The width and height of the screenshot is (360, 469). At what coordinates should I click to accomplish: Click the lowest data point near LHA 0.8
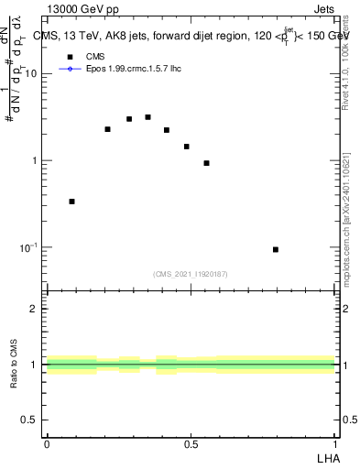pos(276,249)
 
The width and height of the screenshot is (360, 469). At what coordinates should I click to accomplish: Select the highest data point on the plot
pos(147,117)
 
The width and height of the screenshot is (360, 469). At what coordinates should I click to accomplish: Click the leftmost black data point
pos(71,202)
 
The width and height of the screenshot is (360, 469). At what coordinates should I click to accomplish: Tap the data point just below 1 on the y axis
pos(206,163)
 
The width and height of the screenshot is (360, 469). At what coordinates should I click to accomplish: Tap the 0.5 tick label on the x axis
pos(191,443)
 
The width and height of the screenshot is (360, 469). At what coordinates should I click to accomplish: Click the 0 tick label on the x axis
pos(47,443)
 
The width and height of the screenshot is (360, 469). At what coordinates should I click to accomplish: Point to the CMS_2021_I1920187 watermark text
pos(191,274)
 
